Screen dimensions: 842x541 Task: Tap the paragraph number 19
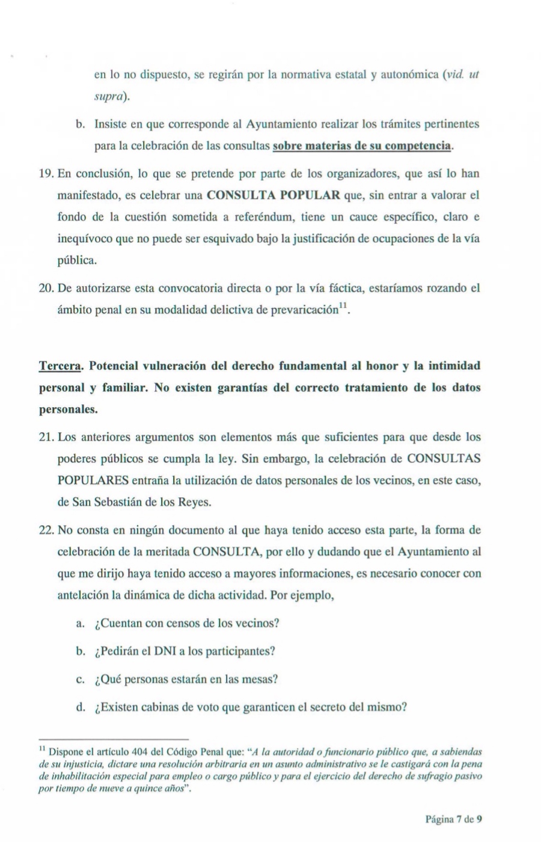pyautogui.click(x=46, y=174)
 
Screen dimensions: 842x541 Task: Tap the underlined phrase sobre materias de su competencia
pyautogui.click(x=362, y=146)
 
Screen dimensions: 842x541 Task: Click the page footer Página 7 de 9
pyautogui.click(x=454, y=819)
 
